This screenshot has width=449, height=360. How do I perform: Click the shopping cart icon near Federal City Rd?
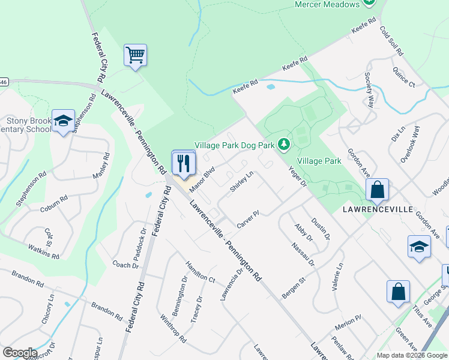(136, 56)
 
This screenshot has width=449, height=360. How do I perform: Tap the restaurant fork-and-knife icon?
(183, 163)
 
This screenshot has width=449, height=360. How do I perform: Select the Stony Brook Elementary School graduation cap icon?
(63, 121)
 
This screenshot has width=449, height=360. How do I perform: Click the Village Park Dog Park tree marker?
(284, 145)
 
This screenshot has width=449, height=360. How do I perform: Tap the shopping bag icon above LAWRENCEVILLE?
(378, 190)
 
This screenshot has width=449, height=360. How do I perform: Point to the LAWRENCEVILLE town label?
(378, 209)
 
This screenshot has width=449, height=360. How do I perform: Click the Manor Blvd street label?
(202, 179)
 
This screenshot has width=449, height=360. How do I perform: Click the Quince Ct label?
(404, 79)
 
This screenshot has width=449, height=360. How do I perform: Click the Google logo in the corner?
(20, 353)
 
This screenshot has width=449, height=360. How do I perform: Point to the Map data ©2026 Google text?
(411, 355)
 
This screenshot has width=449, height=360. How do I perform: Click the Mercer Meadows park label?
(327, 4)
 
